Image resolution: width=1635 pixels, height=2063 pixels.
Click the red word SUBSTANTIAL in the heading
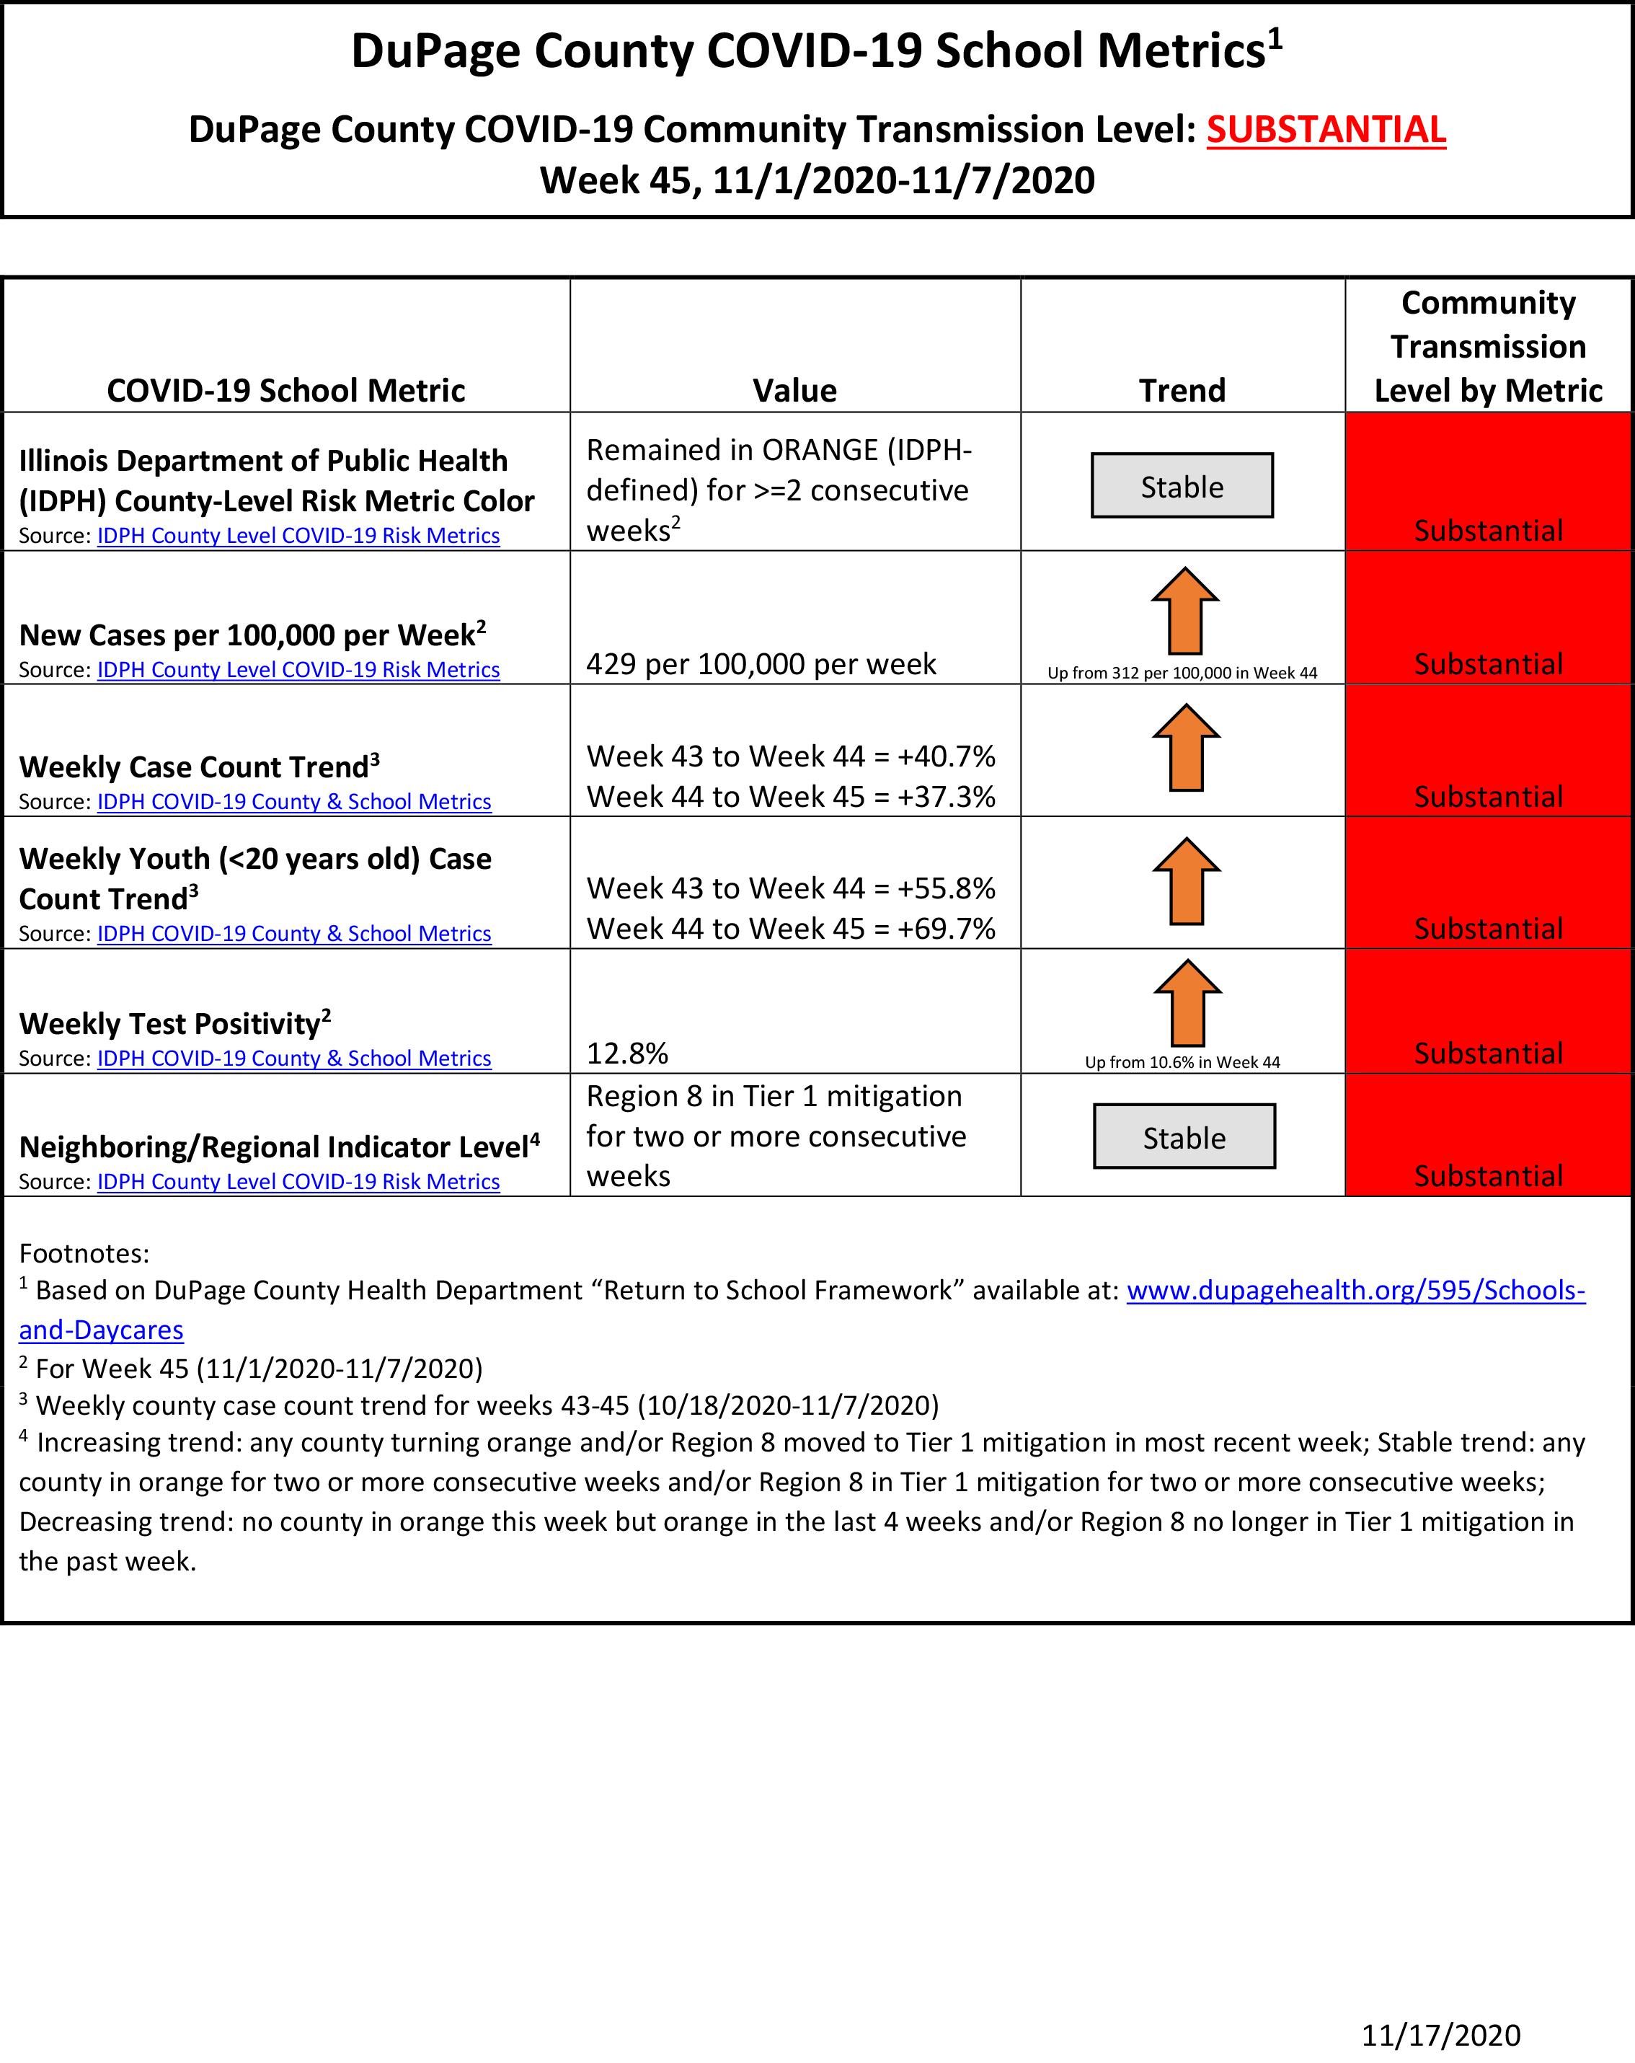coord(1325,130)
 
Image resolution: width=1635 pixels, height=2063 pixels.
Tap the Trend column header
coord(1182,390)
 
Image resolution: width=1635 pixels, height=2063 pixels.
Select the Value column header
coord(794,390)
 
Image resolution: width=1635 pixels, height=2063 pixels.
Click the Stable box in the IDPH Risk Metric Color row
coord(1182,486)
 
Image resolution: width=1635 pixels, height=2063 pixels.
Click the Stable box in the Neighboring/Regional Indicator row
coord(1184,1136)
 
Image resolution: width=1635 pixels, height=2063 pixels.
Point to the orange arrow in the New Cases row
coord(1184,611)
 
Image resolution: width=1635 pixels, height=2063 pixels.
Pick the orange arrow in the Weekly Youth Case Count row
coord(1187,881)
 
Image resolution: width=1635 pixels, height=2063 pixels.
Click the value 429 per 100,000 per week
coord(761,664)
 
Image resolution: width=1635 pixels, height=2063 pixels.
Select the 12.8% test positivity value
coord(626,1053)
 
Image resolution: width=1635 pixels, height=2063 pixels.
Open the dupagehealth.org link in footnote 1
coord(1355,1290)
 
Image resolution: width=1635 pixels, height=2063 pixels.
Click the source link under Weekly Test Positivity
coord(293,1059)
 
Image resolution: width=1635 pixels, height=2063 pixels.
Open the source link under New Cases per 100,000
coord(298,670)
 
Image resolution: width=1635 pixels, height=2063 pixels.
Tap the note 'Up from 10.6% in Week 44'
coord(1182,1062)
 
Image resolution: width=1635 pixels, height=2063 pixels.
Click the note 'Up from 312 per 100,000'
coord(1182,673)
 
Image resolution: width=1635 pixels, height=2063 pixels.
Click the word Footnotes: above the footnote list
coord(84,1253)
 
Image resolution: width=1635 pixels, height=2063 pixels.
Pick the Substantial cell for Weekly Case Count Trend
coord(1488,796)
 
